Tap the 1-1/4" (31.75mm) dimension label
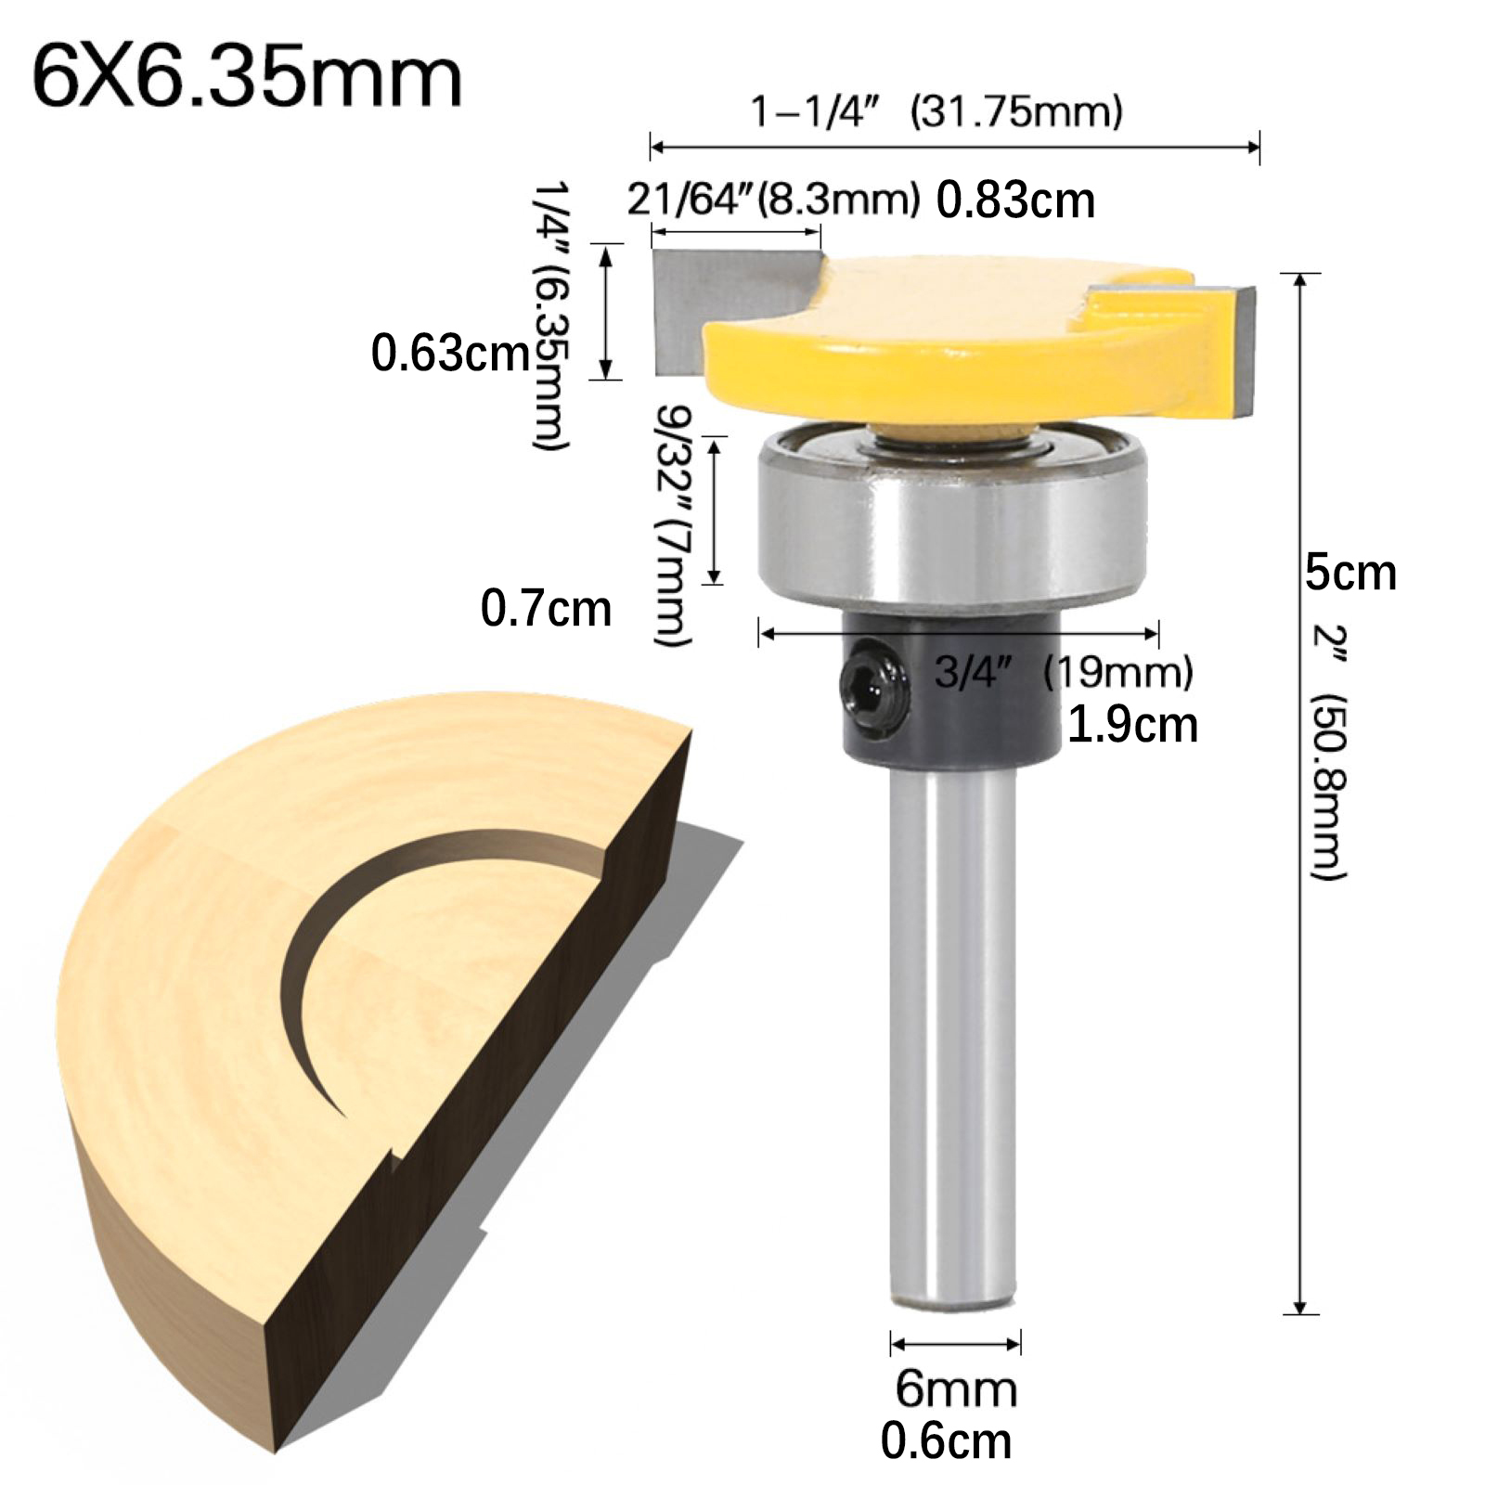(936, 112)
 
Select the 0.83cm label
(1015, 200)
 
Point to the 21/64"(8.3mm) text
(773, 200)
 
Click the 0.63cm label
(450, 354)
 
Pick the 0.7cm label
(546, 610)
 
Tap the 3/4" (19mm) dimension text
(1064, 671)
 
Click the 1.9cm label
(1132, 725)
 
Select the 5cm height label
(1350, 573)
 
